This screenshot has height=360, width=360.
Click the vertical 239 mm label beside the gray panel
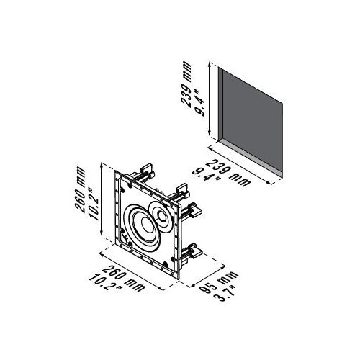[x=186, y=84]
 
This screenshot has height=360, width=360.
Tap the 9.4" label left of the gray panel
[x=200, y=102]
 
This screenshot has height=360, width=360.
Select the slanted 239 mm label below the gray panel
[x=228, y=173]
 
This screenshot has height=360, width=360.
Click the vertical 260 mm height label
[x=79, y=189]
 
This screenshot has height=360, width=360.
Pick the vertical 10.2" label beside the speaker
[x=94, y=204]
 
